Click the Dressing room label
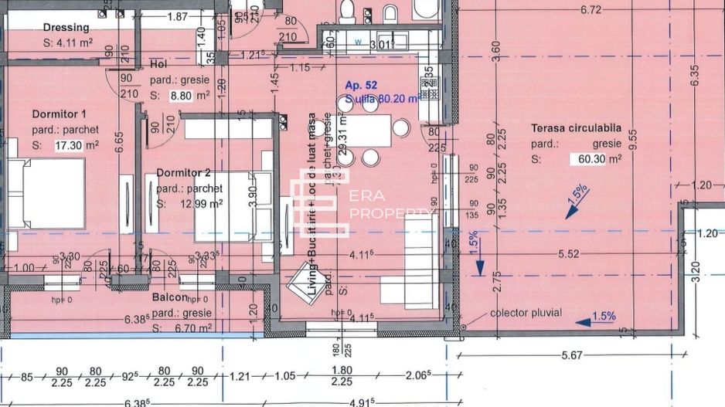tap(66, 28)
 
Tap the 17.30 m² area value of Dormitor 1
tap(77, 144)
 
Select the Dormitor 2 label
tap(183, 172)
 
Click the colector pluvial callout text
tap(526, 313)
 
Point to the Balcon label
tap(169, 297)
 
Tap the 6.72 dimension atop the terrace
tap(591, 10)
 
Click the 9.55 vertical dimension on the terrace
tap(634, 138)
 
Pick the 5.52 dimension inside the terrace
tap(568, 253)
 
